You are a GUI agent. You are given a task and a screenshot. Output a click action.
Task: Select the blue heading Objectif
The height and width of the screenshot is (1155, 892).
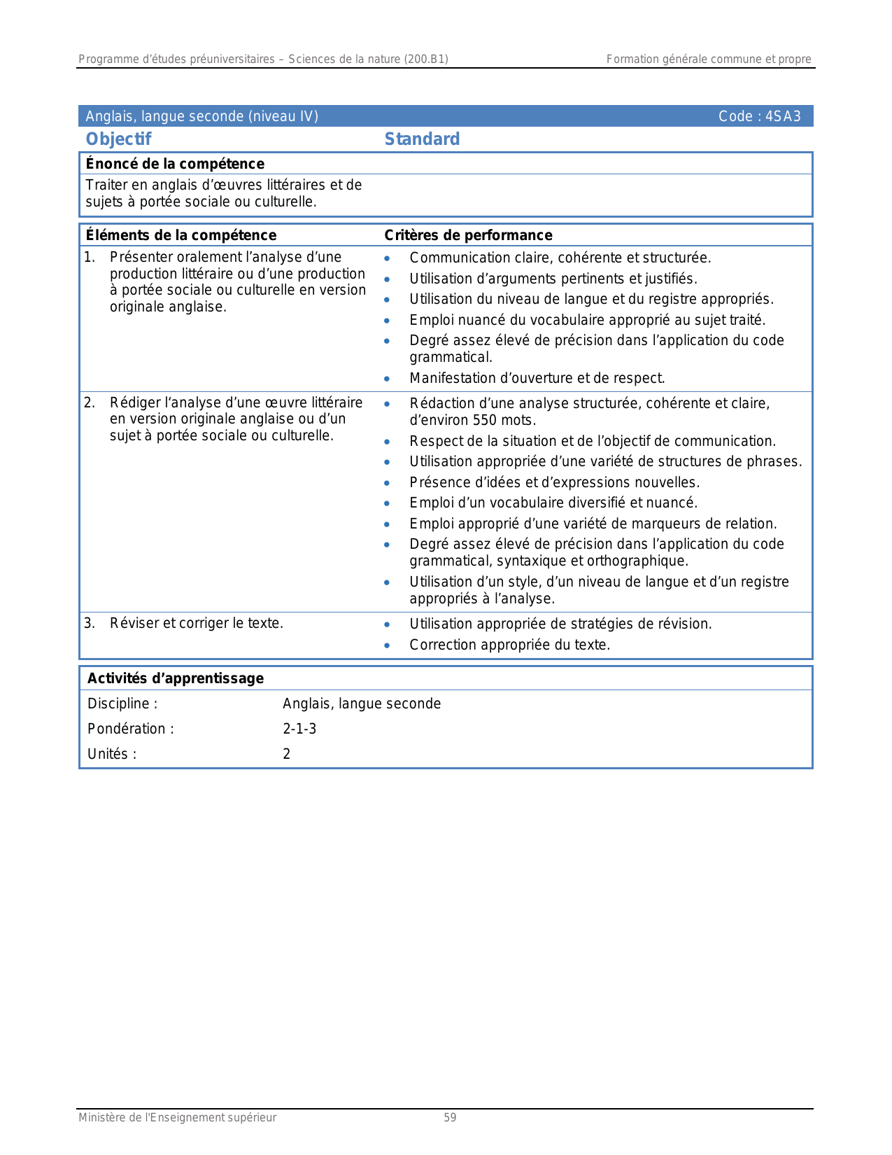pyautogui.click(x=118, y=139)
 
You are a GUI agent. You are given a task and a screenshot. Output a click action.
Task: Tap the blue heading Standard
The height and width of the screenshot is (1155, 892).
pyautogui.click(x=422, y=139)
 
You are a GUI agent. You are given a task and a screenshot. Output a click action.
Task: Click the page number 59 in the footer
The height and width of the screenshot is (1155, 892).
pyautogui.click(x=450, y=1118)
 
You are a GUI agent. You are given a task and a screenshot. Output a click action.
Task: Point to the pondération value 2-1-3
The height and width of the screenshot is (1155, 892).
pyautogui.click(x=299, y=729)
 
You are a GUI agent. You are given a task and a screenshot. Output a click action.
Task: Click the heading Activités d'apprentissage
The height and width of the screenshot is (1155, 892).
pyautogui.click(x=175, y=678)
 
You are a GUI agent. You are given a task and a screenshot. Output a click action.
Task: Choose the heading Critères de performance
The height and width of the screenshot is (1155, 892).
pyautogui.click(x=468, y=235)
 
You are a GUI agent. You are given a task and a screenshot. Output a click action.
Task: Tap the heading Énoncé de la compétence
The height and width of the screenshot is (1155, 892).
pyautogui.click(x=175, y=164)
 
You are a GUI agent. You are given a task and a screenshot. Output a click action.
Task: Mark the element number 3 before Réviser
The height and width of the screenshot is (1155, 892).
pyautogui.click(x=89, y=623)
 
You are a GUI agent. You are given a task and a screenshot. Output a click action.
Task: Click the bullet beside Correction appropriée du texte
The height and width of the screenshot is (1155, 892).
pyautogui.click(x=387, y=645)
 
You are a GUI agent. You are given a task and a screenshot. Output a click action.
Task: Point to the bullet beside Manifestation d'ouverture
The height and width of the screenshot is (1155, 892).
pyautogui.click(x=387, y=379)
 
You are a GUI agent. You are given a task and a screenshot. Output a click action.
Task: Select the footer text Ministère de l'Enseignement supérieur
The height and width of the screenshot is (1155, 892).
pyautogui.click(x=177, y=1118)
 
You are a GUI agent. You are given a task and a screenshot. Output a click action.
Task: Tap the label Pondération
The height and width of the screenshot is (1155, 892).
pyautogui.click(x=130, y=729)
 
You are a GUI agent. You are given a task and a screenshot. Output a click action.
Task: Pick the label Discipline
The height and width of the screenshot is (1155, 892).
pyautogui.click(x=122, y=704)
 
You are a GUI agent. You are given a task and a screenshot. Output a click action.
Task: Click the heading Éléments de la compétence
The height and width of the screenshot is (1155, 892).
pyautogui.click(x=180, y=235)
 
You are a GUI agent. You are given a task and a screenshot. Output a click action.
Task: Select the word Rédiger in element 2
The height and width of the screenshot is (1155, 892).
pyautogui.click(x=133, y=403)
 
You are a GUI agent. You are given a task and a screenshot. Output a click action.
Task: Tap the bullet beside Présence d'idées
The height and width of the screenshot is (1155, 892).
pyautogui.click(x=387, y=483)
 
